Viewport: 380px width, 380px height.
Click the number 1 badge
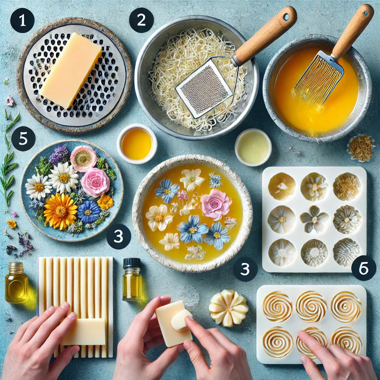[22, 21]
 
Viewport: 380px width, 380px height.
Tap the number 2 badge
[141, 20]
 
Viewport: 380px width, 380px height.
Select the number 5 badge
[23, 139]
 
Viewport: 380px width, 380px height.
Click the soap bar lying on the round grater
[71, 71]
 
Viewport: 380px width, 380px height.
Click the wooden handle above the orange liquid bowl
[353, 30]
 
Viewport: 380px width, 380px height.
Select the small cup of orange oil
[137, 144]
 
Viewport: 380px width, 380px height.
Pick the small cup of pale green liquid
[253, 147]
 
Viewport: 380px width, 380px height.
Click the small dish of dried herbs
[361, 148]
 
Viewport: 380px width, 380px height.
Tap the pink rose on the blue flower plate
[95, 182]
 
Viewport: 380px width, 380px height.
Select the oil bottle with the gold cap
[16, 282]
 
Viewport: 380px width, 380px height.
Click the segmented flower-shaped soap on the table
[229, 308]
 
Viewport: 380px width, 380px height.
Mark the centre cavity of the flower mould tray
[314, 219]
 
